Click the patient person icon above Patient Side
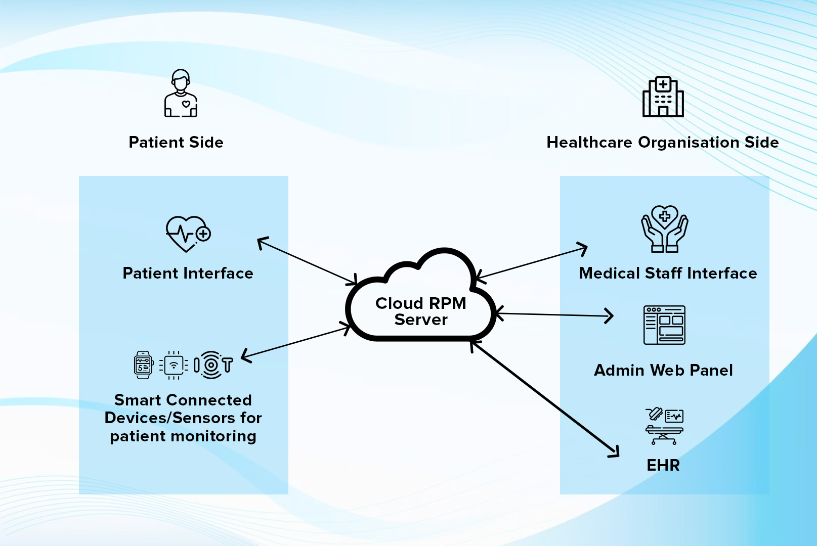(x=181, y=94)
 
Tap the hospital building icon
(x=663, y=97)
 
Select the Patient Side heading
(x=176, y=143)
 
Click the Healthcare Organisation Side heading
(x=662, y=143)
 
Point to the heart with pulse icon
(x=188, y=234)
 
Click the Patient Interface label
(x=188, y=274)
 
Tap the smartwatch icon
(x=144, y=365)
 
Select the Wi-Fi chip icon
(x=174, y=365)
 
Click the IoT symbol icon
(x=213, y=365)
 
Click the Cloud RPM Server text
(x=421, y=311)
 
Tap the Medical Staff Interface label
(x=668, y=274)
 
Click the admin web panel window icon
(x=664, y=325)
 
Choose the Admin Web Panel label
(x=663, y=371)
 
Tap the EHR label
(x=663, y=465)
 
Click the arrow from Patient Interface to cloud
(x=308, y=261)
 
